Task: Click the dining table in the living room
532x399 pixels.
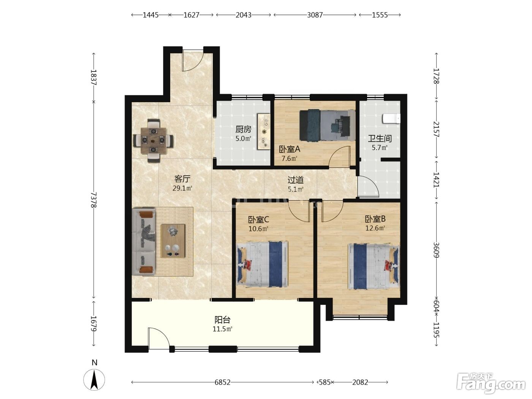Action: tap(154, 141)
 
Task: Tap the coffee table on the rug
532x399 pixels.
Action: tap(173, 241)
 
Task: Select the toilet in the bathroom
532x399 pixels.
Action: tap(391, 119)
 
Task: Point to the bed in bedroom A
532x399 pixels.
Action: tap(327, 125)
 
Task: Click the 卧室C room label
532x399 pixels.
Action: tap(258, 220)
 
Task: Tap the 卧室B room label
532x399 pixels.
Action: tap(375, 219)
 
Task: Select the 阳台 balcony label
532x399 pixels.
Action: tap(222, 320)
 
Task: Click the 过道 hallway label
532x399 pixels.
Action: tap(295, 180)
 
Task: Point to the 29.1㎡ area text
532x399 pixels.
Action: tap(182, 188)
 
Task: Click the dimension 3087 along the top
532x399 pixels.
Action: tap(315, 15)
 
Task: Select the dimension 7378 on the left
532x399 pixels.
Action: tap(94, 200)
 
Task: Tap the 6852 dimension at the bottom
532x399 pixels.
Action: tap(222, 382)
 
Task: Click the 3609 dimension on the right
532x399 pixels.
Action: tap(436, 250)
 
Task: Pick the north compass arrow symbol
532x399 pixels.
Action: tap(94, 380)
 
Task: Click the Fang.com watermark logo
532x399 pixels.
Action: tap(491, 383)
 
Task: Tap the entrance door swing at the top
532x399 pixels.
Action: tap(192, 61)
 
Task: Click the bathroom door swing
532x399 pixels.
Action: tap(368, 187)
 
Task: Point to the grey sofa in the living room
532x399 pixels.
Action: tap(144, 241)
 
